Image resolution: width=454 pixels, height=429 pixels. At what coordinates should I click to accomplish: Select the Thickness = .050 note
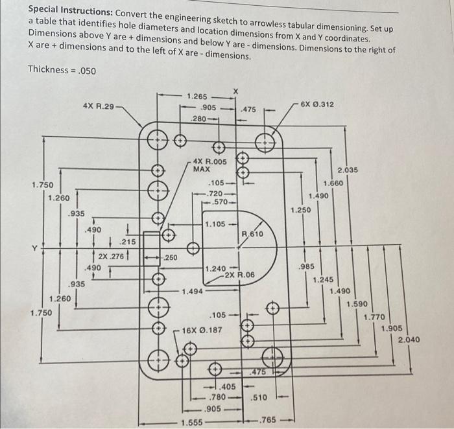[x=62, y=69]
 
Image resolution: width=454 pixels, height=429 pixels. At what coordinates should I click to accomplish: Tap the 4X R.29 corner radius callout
[x=98, y=106]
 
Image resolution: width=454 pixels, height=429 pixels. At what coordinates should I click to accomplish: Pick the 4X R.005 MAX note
[x=209, y=165]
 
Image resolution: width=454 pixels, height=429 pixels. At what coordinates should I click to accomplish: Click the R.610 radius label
[x=252, y=233]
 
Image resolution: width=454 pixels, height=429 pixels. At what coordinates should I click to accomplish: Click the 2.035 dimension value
[x=348, y=170]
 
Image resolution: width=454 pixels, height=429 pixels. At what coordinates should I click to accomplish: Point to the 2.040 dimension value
[x=409, y=340]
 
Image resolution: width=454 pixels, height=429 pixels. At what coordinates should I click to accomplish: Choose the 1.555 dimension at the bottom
[x=191, y=422]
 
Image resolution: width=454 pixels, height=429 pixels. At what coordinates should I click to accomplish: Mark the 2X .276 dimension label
[x=110, y=257]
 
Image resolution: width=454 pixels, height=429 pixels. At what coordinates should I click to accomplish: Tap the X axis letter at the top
[x=236, y=90]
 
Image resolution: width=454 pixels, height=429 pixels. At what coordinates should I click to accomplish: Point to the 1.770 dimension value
[x=374, y=316]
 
